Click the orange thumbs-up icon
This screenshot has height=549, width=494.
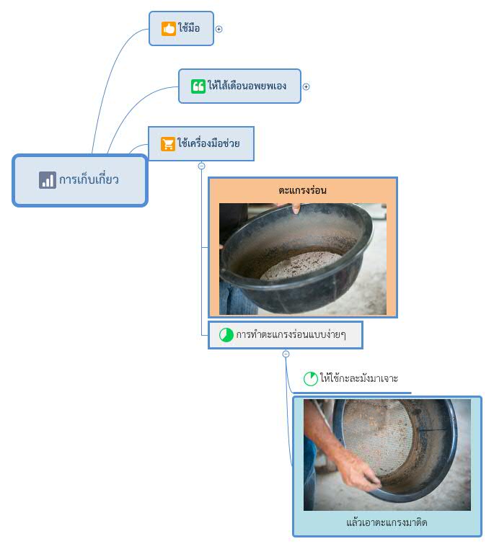169,28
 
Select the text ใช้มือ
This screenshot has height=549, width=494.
189,27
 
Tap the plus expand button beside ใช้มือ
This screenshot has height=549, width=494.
219,29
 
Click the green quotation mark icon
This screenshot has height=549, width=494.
198,86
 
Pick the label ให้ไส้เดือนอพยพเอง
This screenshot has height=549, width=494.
247,86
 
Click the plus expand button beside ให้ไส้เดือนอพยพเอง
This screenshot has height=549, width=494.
306,86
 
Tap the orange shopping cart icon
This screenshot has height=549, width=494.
168,144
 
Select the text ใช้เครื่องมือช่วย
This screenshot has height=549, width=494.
208,143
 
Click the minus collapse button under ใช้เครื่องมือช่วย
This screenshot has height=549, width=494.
201,166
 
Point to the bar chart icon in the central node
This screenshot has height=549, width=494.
48,180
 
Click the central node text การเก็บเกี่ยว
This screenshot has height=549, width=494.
89,179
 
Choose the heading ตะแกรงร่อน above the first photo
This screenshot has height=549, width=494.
303,190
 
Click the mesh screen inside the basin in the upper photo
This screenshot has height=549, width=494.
301,264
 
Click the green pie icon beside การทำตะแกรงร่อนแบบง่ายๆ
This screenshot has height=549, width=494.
226,335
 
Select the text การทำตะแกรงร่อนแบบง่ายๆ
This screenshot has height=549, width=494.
291,334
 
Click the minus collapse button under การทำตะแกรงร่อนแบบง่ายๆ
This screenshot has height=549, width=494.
286,354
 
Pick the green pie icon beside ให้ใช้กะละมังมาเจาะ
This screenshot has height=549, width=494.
310,379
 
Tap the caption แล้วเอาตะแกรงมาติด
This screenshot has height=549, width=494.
387,522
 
